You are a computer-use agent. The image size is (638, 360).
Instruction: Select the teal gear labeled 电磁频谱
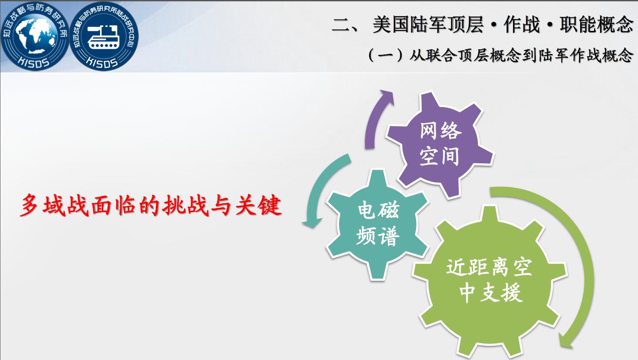tap(378, 224)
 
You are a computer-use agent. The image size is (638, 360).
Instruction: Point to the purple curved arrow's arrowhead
tap(386, 97)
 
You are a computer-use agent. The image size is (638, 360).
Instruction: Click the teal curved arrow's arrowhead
tap(312, 223)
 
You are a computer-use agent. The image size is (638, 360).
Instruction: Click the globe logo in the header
tap(34, 36)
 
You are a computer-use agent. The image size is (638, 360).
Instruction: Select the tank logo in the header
tap(104, 36)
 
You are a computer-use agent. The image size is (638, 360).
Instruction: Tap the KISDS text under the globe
tap(34, 63)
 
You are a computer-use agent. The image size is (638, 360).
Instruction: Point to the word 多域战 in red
tap(54, 205)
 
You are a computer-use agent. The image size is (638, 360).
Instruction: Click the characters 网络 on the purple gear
tap(440, 131)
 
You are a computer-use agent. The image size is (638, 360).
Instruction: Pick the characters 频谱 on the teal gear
tap(378, 236)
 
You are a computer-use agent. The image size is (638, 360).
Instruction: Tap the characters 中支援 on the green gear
tap(490, 293)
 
